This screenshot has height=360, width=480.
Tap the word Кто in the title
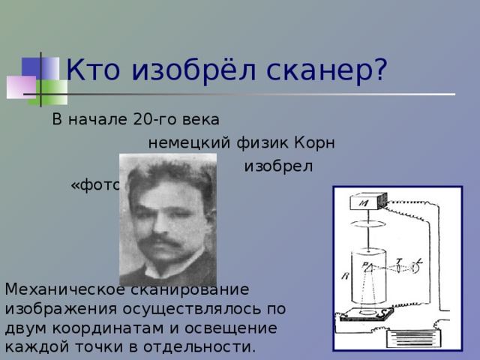(x=94, y=70)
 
